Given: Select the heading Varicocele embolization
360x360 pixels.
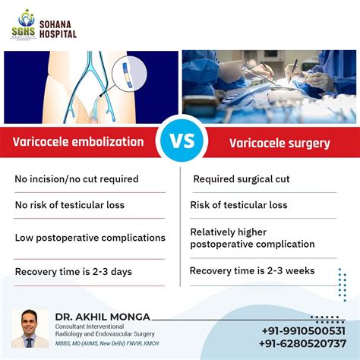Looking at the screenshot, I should coord(79,141).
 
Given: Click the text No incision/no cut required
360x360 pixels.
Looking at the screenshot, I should coord(77,179).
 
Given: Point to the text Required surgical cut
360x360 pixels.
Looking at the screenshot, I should coord(241,179).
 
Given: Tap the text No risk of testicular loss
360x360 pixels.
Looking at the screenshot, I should coord(70,205).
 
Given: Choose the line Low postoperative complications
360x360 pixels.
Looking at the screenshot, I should coord(90,238).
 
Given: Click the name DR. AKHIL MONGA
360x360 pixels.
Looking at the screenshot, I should coord(102,317).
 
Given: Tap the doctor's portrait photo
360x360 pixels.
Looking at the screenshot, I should coord(29,329).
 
